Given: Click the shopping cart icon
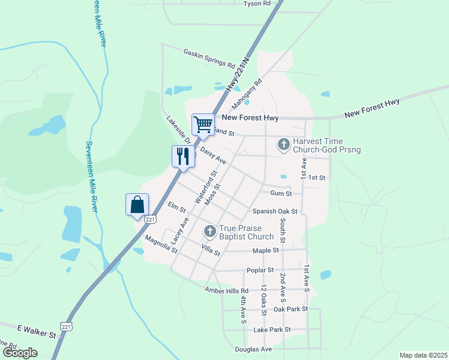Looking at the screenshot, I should tap(203, 124).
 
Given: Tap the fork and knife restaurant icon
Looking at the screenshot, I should tap(183, 156).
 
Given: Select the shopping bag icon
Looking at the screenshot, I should tap(137, 204).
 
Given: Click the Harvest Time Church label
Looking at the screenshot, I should tap(326, 145).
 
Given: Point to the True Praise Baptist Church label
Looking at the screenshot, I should tap(246, 232).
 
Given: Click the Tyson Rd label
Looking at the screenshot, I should tap(257, 4).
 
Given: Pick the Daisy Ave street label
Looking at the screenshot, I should tap(213, 156).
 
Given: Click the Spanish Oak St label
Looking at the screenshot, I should tap(275, 211).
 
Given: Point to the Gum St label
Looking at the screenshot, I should tap(281, 193).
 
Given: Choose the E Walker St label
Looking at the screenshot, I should tap(36, 329).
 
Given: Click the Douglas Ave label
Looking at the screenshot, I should tap(255, 349).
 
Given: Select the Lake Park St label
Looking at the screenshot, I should tap(272, 329).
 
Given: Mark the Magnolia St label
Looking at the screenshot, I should tap(161, 244).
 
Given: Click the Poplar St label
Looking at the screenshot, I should tap(259, 270).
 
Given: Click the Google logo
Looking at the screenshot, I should tap(19, 353).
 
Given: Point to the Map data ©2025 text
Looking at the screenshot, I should tap(424, 355).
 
